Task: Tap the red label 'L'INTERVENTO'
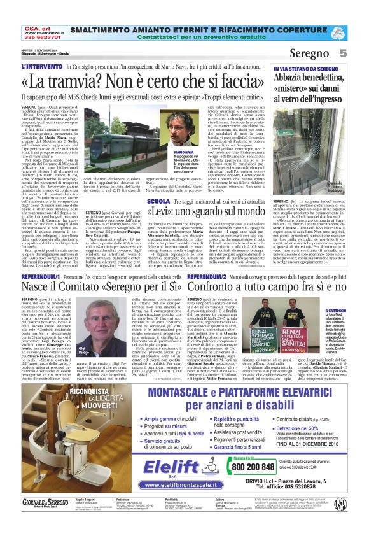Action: coord(43,66)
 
